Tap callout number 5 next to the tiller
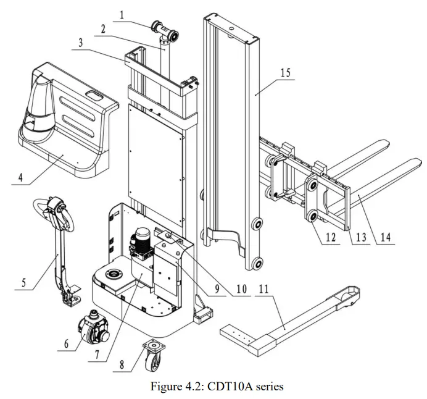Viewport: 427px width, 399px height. (x=23, y=283)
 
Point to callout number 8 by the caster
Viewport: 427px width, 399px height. (x=122, y=365)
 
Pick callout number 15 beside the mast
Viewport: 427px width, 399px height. (x=285, y=72)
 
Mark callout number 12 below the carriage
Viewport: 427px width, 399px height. (x=331, y=237)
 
